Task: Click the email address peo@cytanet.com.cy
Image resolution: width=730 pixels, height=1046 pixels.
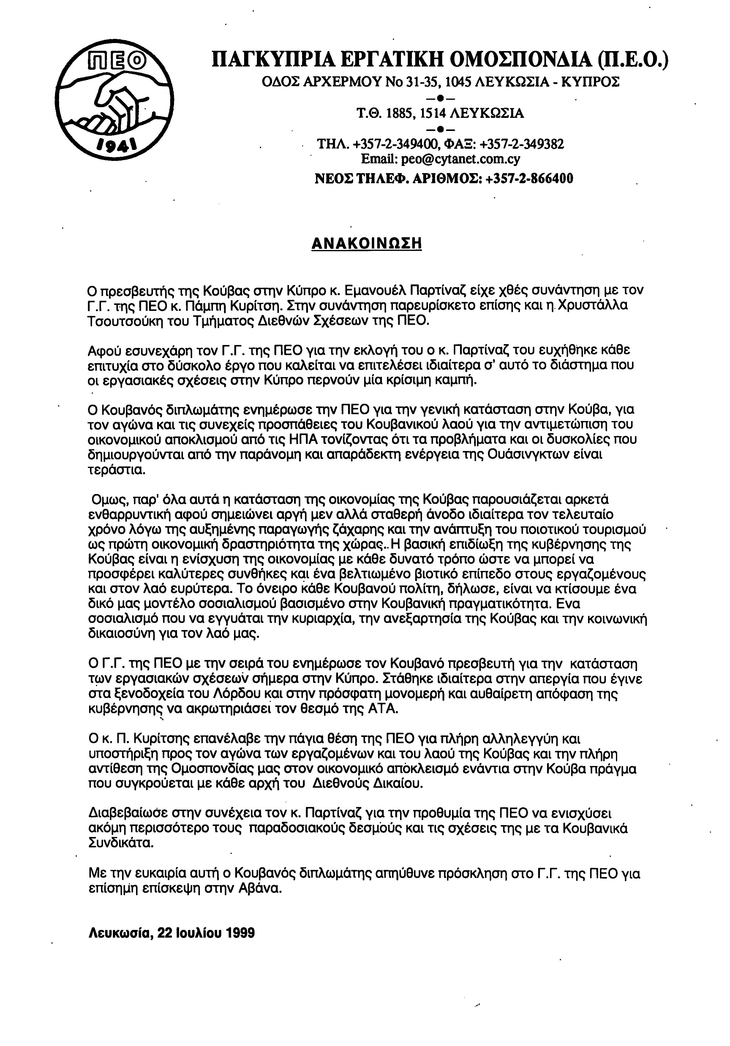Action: pos(460,159)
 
